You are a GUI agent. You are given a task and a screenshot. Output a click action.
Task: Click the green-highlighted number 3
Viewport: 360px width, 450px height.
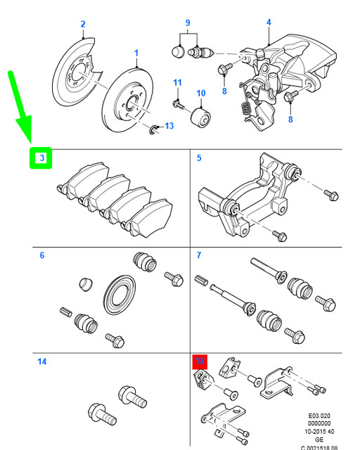click(x=41, y=158)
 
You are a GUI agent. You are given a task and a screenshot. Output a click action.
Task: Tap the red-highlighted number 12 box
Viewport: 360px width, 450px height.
click(x=200, y=362)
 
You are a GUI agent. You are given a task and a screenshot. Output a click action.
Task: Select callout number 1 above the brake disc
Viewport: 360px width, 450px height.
click(x=136, y=53)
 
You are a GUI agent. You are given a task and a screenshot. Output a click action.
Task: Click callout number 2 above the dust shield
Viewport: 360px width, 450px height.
click(x=82, y=25)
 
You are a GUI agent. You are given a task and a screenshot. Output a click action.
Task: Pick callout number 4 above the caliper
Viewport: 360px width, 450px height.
click(x=268, y=22)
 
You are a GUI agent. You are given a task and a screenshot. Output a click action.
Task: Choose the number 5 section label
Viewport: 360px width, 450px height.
click(x=199, y=158)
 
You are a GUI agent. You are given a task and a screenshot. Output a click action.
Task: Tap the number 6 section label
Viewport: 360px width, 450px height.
click(x=41, y=255)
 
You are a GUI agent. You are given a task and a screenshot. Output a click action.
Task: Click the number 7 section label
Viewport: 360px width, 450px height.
click(x=199, y=255)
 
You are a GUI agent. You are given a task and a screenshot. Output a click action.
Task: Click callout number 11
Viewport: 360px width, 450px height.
click(x=177, y=84)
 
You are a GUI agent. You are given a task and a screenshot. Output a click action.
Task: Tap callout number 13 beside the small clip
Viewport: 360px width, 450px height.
click(x=169, y=127)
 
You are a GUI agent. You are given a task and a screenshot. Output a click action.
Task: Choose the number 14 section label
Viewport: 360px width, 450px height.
click(x=42, y=362)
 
